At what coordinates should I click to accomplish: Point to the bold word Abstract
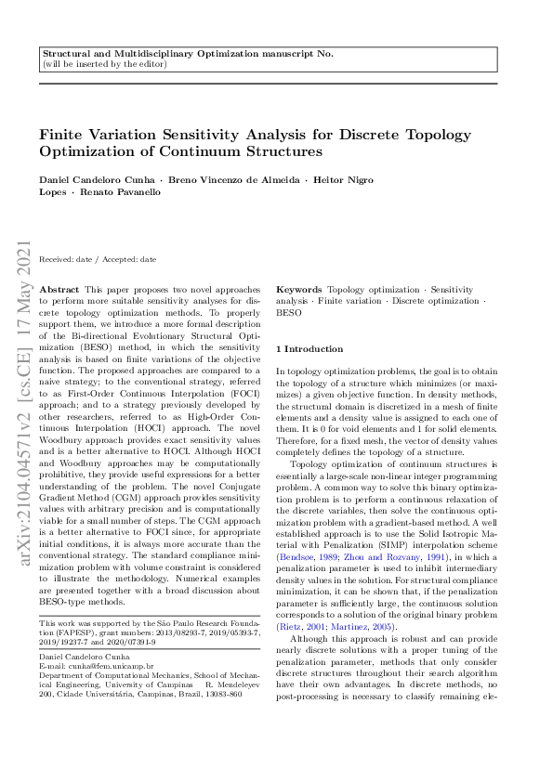tap(60, 291)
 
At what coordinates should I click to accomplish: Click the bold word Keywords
tap(299, 291)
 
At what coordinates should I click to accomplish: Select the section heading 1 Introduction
tap(309, 349)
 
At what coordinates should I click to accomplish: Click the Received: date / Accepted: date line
tap(97, 259)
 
